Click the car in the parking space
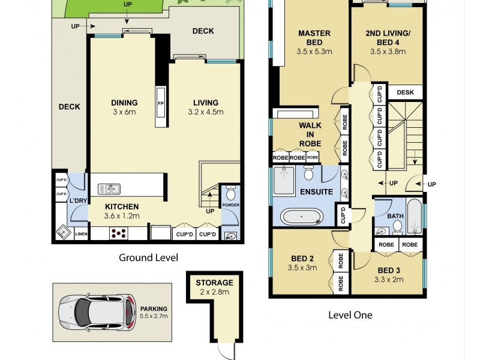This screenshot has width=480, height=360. click(96, 310)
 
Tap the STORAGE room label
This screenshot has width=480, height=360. click(214, 282)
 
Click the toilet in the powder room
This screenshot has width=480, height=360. click(230, 193)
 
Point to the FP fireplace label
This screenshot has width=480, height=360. click(161, 103)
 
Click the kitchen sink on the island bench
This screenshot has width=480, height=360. click(109, 188)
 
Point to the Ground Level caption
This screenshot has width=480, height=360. click(148, 258)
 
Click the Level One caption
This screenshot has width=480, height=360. click(350, 314)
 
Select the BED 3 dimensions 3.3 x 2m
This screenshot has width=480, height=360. click(385, 279)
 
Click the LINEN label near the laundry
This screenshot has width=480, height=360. click(80, 235)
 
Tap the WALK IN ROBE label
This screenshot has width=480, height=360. click(310, 134)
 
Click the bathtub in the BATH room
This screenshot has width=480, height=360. click(414, 217)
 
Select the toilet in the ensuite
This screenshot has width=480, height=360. click(308, 174)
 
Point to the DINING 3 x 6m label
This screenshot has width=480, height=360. click(124, 107)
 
